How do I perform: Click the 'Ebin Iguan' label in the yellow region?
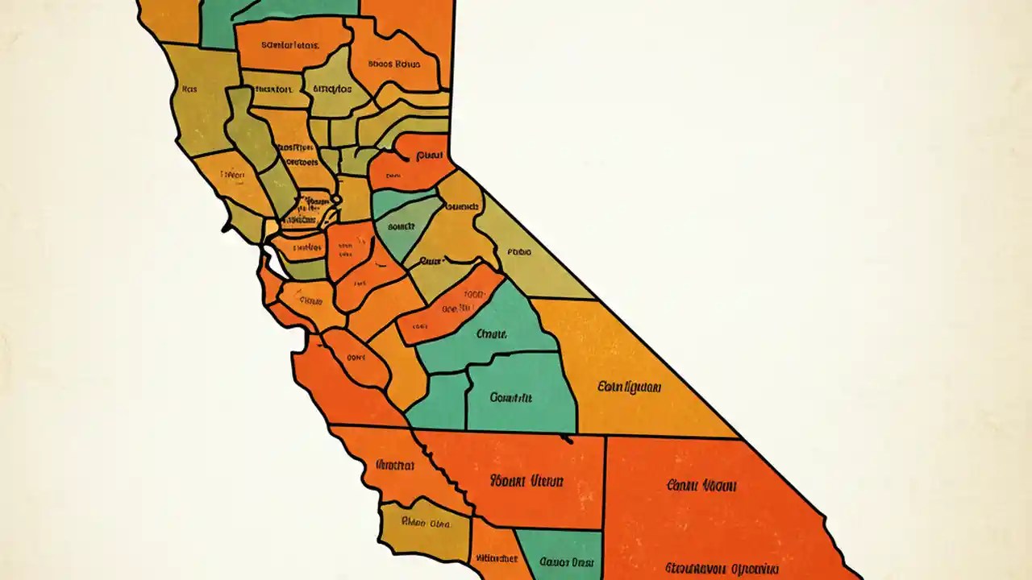pos(630,387)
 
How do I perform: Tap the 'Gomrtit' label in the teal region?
pos(511,397)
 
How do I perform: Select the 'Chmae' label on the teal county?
pos(491,333)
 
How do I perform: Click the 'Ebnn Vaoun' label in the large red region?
pos(702,486)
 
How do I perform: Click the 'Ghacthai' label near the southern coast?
pos(395,465)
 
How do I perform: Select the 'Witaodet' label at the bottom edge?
pos(496,557)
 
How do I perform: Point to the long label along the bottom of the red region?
pos(722,568)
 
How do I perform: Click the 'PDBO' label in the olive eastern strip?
pos(518,252)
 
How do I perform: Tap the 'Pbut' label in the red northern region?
pos(431,155)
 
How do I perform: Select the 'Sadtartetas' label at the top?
pos(291,46)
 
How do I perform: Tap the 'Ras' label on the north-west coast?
pos(190,89)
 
